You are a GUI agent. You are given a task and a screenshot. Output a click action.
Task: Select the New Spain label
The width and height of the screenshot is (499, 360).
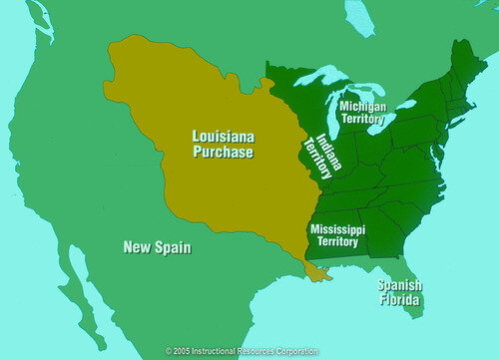coord(158,246)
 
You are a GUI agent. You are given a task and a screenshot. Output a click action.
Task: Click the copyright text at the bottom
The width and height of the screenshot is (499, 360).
coord(242,352)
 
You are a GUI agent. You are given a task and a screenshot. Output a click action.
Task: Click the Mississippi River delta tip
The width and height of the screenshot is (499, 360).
coord(317,275)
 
